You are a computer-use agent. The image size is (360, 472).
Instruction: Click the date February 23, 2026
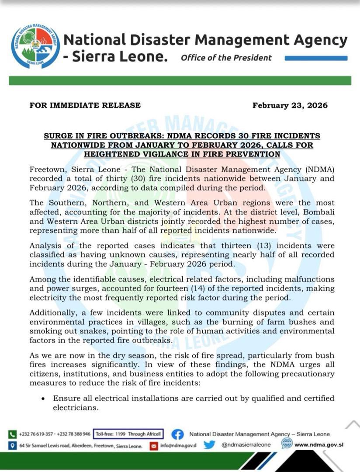tap(290, 105)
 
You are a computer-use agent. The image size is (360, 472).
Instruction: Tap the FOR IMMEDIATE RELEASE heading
tap(85, 105)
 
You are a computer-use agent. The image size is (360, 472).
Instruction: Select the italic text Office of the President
tap(226, 58)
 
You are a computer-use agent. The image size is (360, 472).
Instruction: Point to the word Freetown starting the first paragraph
tap(47, 170)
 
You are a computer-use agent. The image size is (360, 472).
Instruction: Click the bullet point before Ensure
tap(43, 399)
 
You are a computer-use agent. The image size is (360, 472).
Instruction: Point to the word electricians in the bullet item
tap(74, 408)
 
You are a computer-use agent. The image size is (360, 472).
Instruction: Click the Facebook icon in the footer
tap(177, 434)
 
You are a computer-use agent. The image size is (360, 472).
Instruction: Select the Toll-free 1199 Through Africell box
tap(128, 434)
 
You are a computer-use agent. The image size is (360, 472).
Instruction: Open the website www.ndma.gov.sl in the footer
tap(319, 445)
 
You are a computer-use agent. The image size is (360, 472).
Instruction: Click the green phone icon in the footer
tap(13, 434)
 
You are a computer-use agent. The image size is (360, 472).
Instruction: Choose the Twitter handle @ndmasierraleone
tap(246, 445)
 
